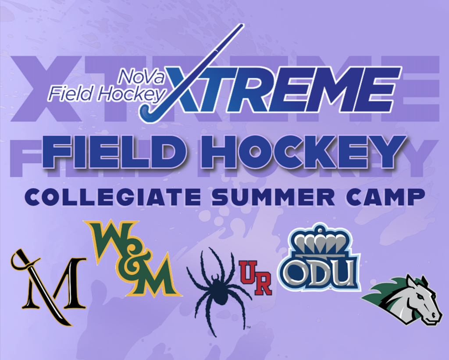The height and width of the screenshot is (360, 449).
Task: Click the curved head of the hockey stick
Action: [147, 113]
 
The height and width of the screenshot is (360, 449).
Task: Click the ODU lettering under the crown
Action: [319, 272]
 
